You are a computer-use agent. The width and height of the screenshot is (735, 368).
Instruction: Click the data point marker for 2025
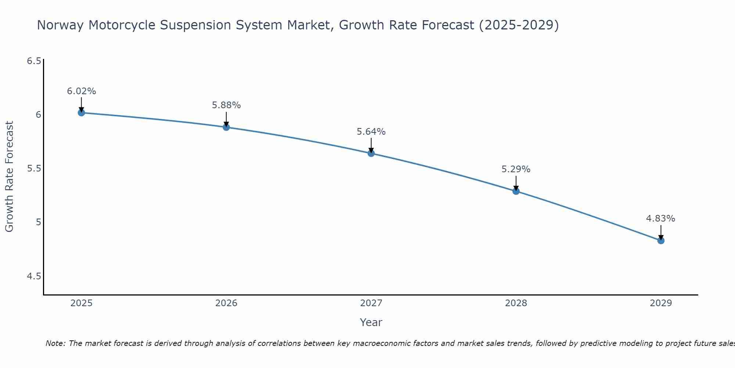point(82,113)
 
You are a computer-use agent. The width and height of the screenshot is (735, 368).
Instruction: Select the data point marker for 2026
point(226,127)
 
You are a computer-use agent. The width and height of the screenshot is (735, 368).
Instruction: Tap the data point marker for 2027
point(371,153)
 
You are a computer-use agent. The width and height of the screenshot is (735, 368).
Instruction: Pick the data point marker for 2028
point(516,191)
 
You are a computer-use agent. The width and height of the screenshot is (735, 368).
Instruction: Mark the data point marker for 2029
point(661,241)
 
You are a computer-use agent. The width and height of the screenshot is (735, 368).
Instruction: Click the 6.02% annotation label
point(82,91)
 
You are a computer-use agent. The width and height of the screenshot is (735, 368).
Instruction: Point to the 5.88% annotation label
point(226,105)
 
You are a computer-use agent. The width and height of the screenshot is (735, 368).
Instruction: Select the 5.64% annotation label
point(371,132)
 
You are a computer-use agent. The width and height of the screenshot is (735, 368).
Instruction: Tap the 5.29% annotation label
point(516,169)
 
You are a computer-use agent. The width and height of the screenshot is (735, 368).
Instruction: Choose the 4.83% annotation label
point(661,219)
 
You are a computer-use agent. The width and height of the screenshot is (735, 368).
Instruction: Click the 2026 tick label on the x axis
point(226,303)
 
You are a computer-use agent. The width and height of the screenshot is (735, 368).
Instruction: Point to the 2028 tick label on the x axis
point(516,303)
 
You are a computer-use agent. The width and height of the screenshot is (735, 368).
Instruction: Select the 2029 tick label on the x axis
point(661,303)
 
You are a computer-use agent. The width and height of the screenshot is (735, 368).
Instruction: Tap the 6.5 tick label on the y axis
point(34,61)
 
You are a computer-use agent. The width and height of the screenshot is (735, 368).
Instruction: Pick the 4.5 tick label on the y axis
point(34,276)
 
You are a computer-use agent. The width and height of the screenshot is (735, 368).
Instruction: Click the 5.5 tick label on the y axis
point(34,169)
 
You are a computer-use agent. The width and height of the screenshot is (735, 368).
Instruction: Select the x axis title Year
point(371,322)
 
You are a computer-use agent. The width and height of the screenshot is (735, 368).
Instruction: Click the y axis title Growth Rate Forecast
point(10,177)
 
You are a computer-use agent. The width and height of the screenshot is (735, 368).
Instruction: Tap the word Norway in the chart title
point(61,25)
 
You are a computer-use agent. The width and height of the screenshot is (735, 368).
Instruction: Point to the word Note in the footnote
point(55,343)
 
